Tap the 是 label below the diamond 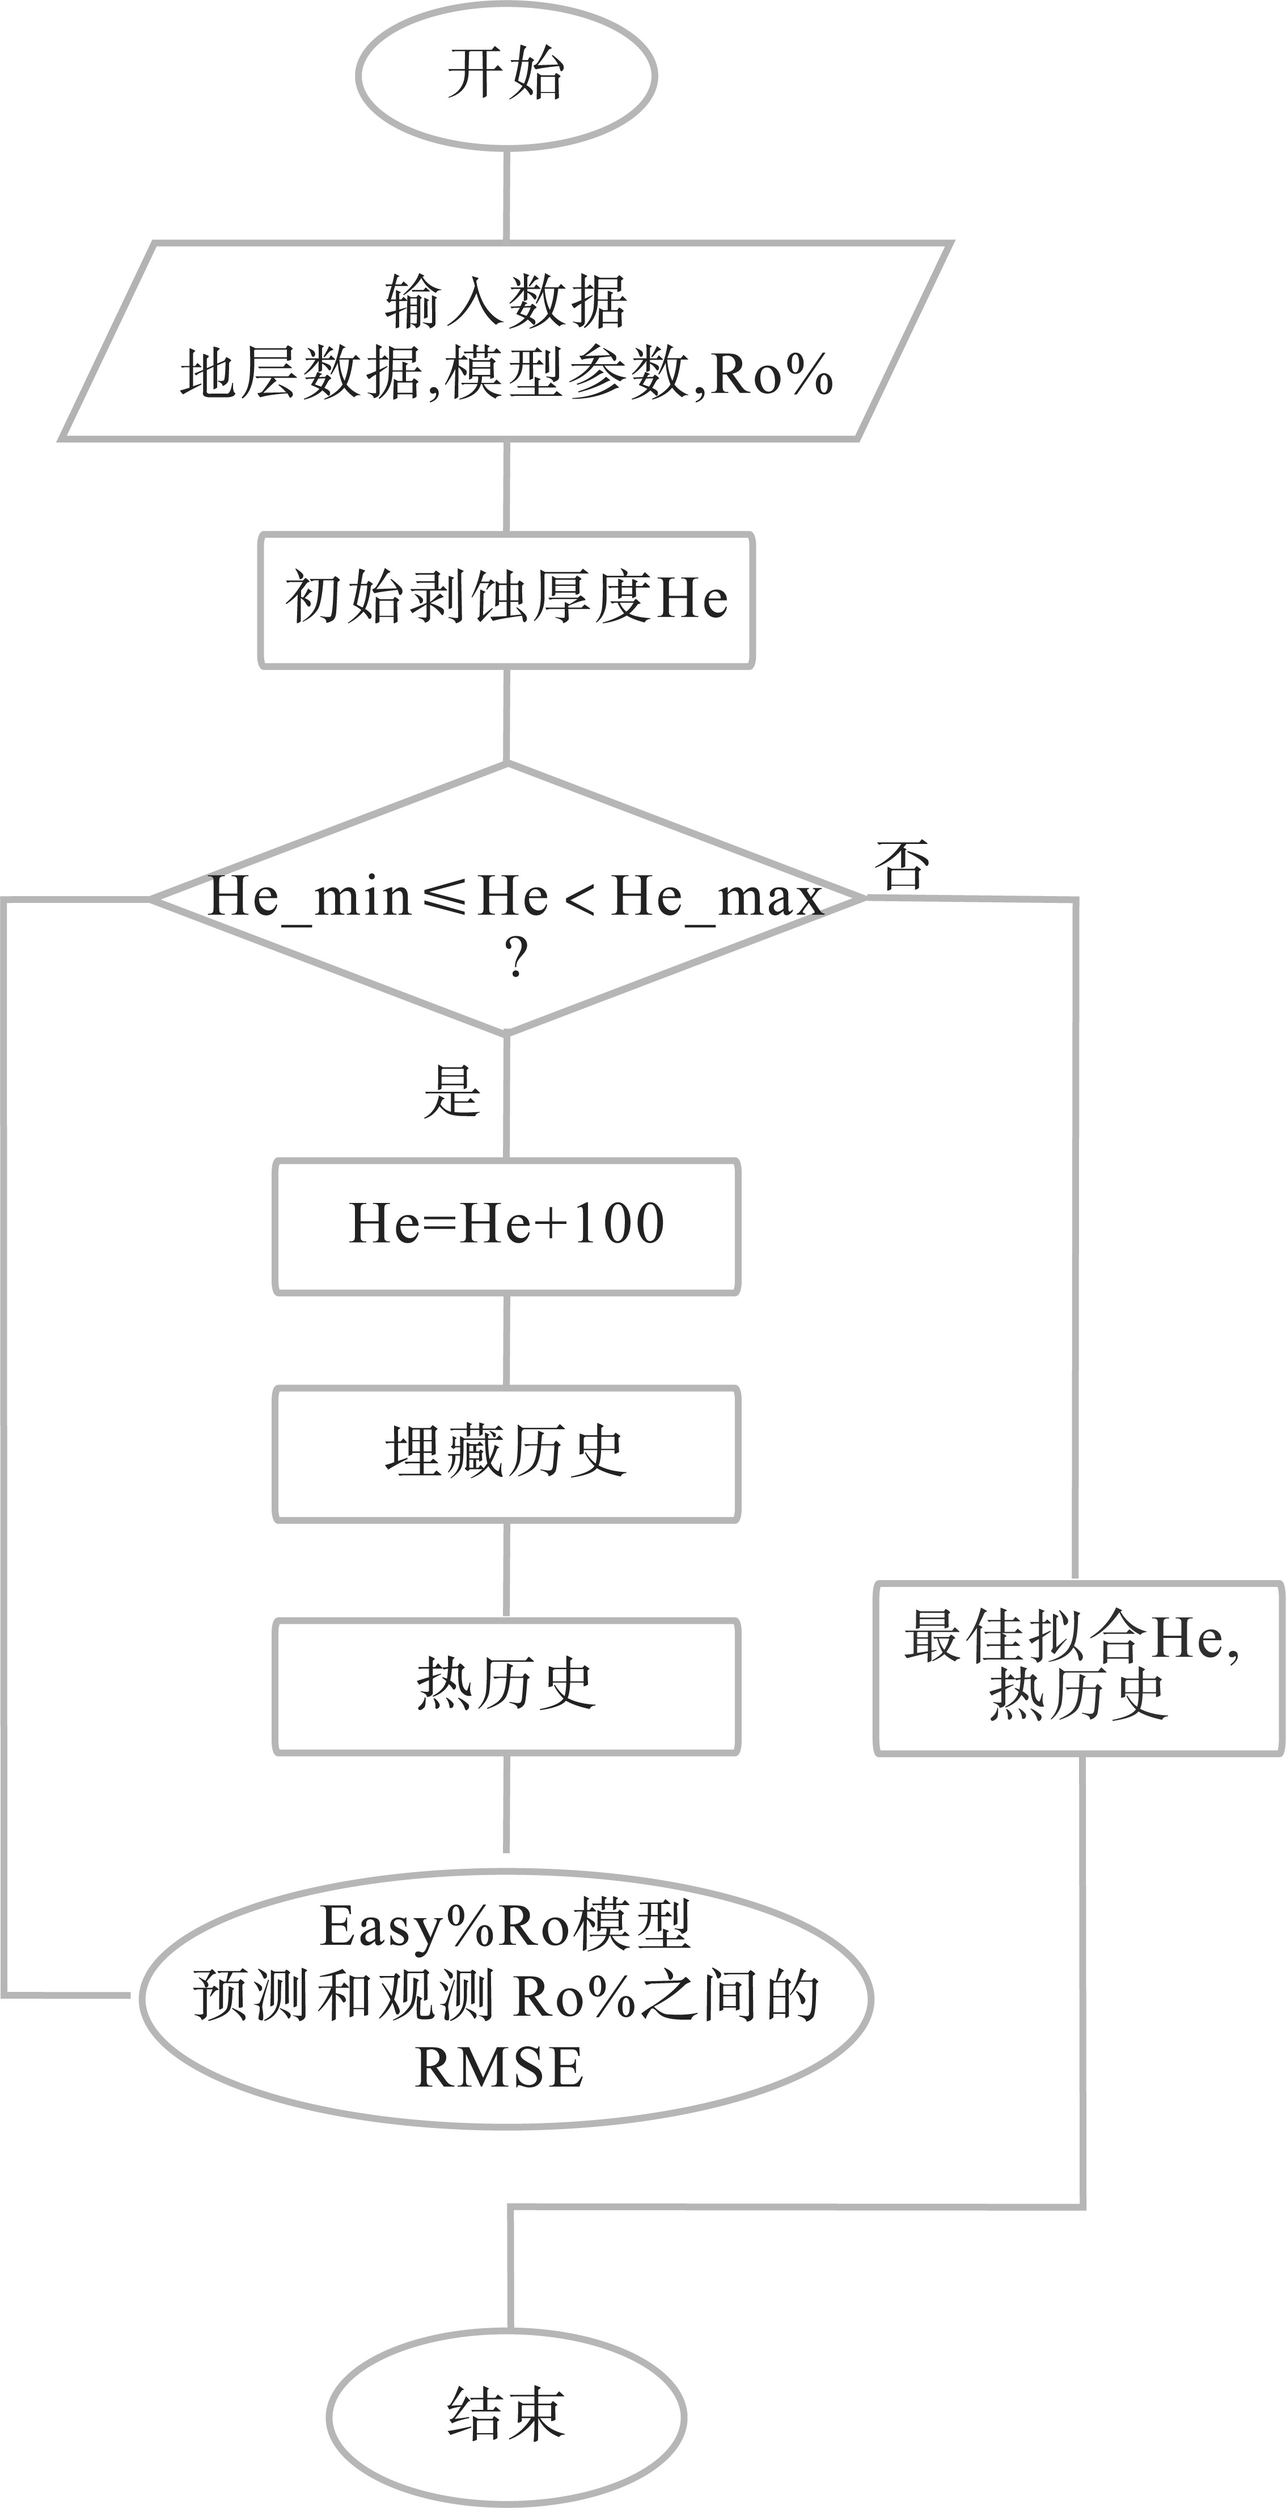click(452, 1091)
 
